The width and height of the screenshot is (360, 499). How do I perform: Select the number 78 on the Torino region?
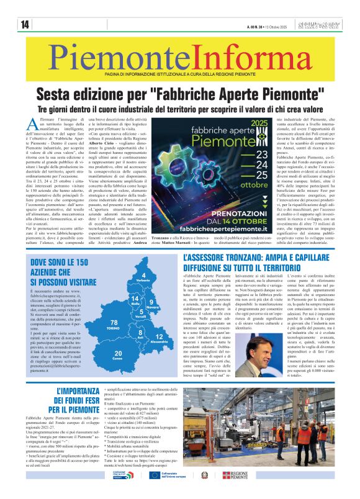pos(114,323)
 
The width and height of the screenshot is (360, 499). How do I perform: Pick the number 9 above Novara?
pos(150,301)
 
